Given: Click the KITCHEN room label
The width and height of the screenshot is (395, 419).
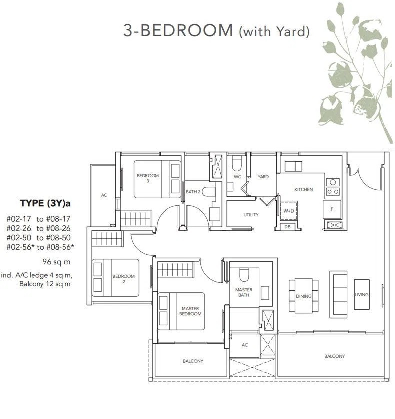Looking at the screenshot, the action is pos(303,190).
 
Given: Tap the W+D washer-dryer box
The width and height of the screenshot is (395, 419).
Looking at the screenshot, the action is pos(288,211).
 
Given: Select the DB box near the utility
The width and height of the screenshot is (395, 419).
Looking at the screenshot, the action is pos(287,227).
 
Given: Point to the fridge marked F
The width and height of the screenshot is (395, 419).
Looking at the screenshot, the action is pos(332,209).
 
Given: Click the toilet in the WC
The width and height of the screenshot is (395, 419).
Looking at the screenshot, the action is pos(236,163).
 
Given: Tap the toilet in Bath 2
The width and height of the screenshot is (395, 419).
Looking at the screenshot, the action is pos(209,191).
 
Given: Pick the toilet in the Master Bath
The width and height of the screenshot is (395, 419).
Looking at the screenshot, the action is pos(244,275).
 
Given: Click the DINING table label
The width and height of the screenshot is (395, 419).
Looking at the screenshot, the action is pos(304,296).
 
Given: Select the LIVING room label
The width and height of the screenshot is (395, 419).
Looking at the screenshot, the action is pos(362,295).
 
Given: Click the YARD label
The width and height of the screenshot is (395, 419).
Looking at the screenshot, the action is pos(263,177).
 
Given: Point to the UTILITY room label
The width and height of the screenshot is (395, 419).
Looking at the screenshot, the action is pos(251,215).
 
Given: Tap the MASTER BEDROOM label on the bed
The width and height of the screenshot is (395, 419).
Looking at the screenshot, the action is pos(190,311).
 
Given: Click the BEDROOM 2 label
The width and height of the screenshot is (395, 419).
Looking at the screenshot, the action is pos(123,279).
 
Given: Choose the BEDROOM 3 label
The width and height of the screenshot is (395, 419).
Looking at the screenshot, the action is pos(148,178).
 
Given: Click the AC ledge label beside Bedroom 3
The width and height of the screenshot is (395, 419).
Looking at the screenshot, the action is pos(104,195).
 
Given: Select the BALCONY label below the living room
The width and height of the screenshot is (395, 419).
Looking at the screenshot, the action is pos(335,356).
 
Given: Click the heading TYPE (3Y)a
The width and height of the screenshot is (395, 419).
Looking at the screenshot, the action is pos(45,203).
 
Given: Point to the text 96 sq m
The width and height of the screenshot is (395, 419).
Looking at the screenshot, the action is pos(56,262).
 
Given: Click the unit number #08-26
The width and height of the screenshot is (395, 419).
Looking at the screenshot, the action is pos(58,228).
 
